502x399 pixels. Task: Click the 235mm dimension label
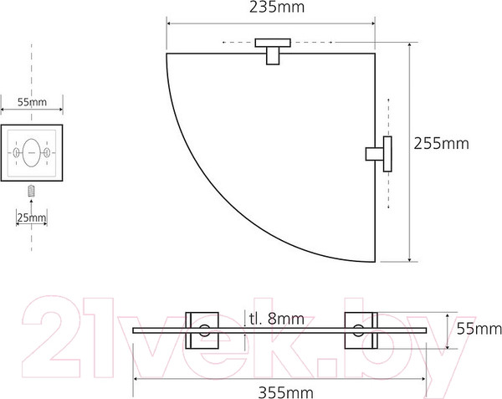[x=277, y=8]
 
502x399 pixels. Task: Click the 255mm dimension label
[x=441, y=143]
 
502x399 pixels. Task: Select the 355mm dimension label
[x=285, y=392]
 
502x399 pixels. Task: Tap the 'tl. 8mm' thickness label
[x=277, y=319]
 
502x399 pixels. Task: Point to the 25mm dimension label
[x=32, y=217]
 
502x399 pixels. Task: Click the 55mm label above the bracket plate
[x=32, y=102]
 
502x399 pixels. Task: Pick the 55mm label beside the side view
[x=479, y=329]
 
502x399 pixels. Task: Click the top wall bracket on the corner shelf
[x=273, y=51]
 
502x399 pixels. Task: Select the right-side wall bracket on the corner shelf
[x=379, y=154]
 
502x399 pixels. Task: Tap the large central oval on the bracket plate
[x=31, y=153]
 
